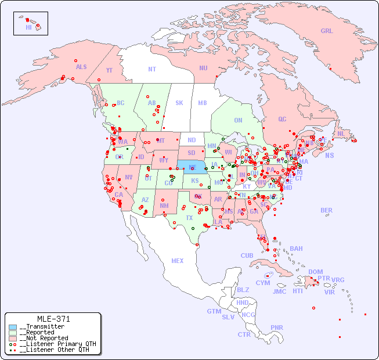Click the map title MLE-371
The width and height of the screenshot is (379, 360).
coord(53,319)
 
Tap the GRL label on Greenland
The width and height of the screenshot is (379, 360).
coord(327,31)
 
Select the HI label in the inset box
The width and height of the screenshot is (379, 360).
coord(28,27)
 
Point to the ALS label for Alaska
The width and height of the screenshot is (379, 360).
coord(81,67)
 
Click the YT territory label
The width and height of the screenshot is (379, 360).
coord(109,70)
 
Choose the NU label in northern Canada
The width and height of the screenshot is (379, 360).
coord(203,68)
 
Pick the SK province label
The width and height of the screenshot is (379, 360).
coord(179,103)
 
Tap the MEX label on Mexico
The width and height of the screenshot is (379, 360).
coord(178,261)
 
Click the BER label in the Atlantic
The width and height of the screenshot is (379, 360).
coord(327,210)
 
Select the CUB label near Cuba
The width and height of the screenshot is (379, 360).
coord(247,255)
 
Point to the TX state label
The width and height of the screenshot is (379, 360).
coord(189,218)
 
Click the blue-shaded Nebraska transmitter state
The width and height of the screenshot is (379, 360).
coord(192,167)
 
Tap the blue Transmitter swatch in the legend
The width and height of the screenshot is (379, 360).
coord(13,327)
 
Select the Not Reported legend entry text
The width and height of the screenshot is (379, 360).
coord(44,338)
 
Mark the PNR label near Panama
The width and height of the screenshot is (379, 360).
coord(277,327)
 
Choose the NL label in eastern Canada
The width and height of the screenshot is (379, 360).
coord(341,134)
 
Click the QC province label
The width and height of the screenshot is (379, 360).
coord(282,120)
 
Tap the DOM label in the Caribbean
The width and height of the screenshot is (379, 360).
coord(315,272)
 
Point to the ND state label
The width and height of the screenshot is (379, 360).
coord(192,140)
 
